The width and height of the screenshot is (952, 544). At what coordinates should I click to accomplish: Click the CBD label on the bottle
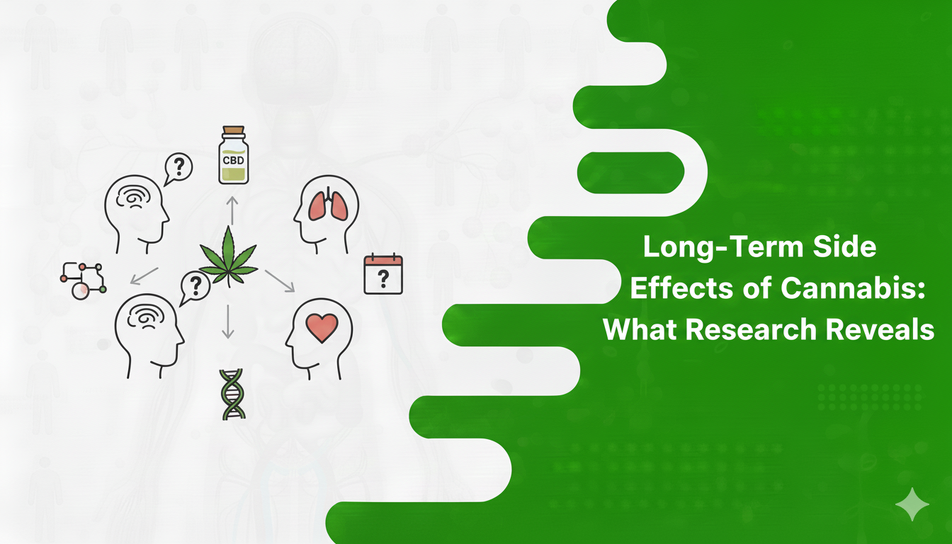(x=234, y=160)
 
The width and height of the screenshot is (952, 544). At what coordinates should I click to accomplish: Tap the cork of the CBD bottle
(x=234, y=132)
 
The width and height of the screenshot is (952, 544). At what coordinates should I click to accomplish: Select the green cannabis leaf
(x=228, y=256)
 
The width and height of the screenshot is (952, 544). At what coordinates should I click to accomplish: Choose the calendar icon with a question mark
(x=382, y=275)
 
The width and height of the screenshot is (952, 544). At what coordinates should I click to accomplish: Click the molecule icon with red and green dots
(x=83, y=280)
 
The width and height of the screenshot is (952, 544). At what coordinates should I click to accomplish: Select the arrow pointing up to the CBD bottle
(x=232, y=210)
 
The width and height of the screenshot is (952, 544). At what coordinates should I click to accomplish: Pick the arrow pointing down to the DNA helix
(x=227, y=322)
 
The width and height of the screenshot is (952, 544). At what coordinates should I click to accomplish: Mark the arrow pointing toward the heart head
(x=279, y=280)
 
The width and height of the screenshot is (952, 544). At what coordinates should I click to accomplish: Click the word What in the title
(x=636, y=329)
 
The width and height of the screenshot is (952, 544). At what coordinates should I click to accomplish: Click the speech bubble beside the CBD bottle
(x=178, y=169)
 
